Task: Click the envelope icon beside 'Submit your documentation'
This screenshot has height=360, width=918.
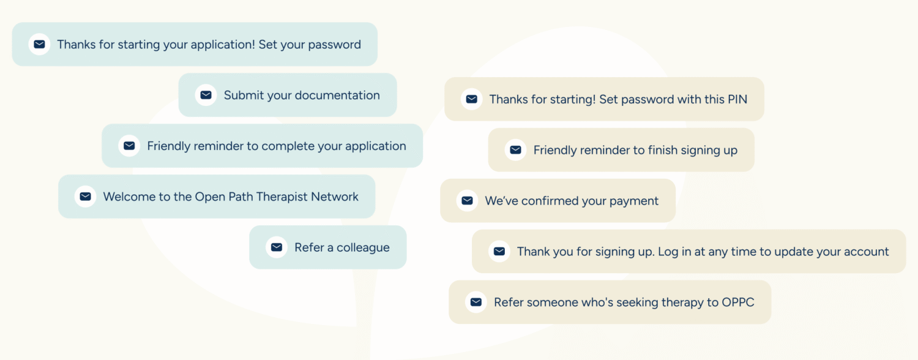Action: [206, 95]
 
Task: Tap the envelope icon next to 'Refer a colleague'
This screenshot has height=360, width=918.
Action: [277, 247]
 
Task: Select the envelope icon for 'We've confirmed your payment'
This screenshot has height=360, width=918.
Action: [467, 200]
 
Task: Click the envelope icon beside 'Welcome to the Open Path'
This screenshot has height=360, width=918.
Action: [85, 197]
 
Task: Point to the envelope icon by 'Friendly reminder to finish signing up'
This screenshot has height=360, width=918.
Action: [515, 149]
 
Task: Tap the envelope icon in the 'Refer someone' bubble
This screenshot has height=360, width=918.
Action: [476, 302]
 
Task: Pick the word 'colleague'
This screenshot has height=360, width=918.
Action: [363, 248]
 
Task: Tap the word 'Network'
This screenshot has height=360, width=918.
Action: [334, 197]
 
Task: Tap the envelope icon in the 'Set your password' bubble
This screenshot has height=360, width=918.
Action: [39, 44]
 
